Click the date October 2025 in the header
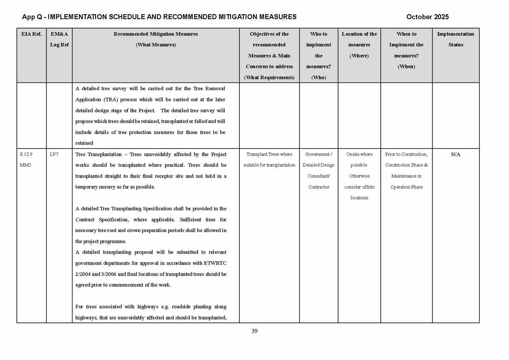point(427,17)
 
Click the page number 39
point(254,331)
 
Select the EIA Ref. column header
point(31,34)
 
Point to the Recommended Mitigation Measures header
point(155,34)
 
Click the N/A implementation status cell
point(456,155)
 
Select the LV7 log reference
point(54,155)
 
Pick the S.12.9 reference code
point(26,155)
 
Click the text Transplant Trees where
point(269,155)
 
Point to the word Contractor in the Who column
point(319,187)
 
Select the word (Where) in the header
point(359,56)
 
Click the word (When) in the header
point(406,67)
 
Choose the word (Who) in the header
point(319,78)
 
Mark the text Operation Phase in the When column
point(406,187)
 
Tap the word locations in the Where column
point(359,198)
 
